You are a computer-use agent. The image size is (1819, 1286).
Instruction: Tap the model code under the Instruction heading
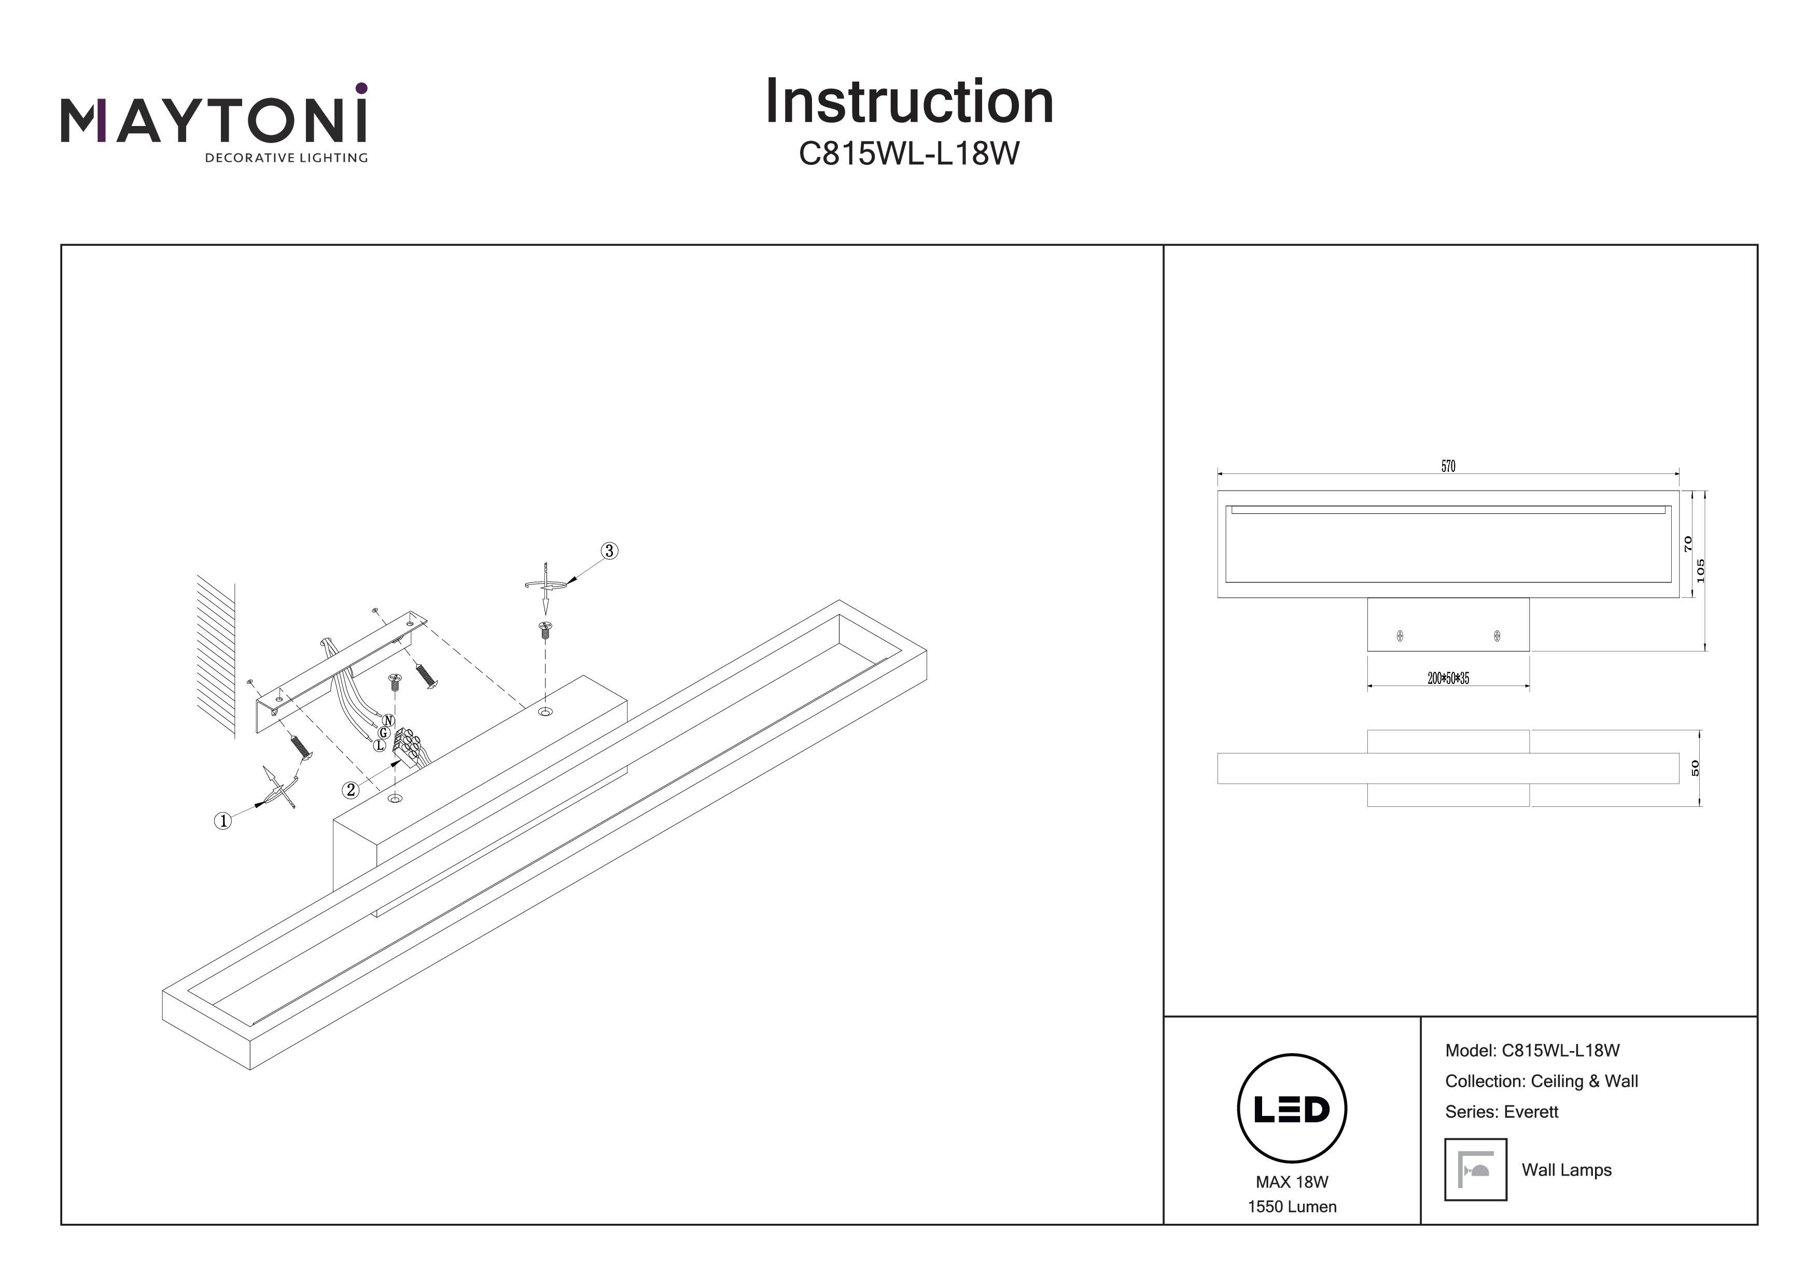click(908, 153)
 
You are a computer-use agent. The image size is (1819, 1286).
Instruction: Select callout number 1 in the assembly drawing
click(223, 821)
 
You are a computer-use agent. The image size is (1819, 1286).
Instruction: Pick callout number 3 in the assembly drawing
click(608, 551)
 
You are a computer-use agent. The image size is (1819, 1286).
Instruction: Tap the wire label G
click(383, 733)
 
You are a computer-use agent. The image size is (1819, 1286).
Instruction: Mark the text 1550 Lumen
click(1291, 1207)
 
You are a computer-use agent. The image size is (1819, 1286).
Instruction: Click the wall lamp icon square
click(1475, 1169)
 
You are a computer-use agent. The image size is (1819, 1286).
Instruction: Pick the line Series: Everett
click(1501, 1112)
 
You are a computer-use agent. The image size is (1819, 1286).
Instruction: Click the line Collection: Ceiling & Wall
click(1541, 1081)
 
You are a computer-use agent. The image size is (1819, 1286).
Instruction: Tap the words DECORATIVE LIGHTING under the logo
click(286, 158)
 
